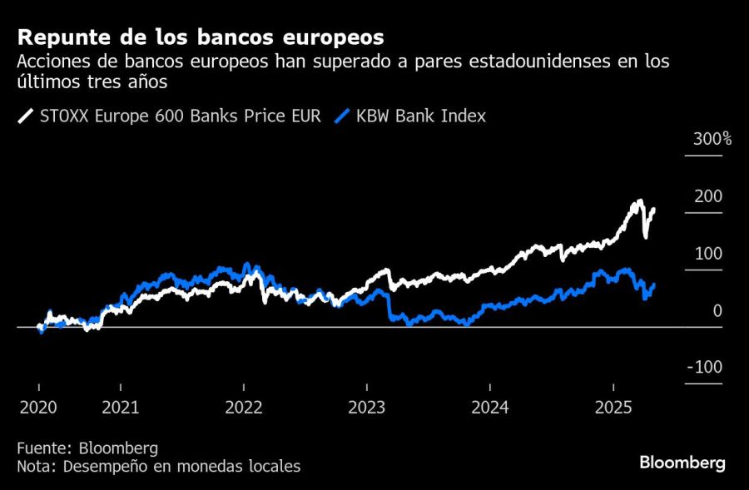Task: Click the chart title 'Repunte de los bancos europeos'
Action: coord(201,37)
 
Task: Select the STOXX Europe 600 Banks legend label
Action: coord(180,116)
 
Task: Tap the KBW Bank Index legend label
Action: coord(420,116)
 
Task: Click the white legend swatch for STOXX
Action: coord(27,116)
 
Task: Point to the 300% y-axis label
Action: coord(712,139)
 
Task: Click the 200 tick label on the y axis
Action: coord(708,196)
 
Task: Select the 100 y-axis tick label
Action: coord(708,254)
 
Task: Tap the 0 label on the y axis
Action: coord(717,311)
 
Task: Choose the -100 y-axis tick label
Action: coord(705,368)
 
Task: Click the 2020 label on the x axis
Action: coord(39,408)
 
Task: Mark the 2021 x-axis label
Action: coord(121,408)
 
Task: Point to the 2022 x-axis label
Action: coord(244,408)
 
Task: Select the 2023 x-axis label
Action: coord(367,408)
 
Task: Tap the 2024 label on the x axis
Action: coord(490,408)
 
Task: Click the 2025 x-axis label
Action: coord(613,408)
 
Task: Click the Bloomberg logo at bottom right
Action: coord(682,463)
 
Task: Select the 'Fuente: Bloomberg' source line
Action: coord(87,448)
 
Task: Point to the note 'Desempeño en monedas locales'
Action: coord(158,467)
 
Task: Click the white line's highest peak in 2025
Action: coord(639,201)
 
